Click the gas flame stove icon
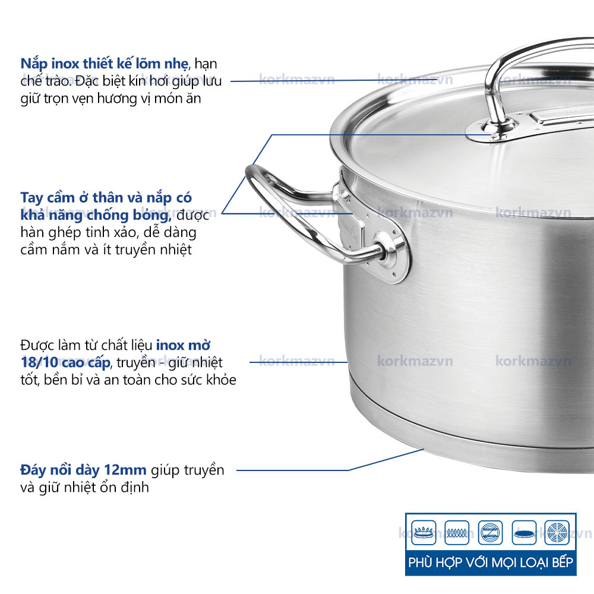[424, 533]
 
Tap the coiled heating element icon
[457, 533]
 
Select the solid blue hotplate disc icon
[524, 533]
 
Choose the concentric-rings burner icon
[557, 533]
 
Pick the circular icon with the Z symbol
[490, 533]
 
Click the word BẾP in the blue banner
[563, 562]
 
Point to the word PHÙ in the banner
[420, 562]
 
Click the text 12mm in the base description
[125, 470]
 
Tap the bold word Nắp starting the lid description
[34, 64]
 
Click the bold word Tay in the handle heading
[31, 198]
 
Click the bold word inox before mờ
[170, 345]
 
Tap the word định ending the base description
[135, 487]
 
